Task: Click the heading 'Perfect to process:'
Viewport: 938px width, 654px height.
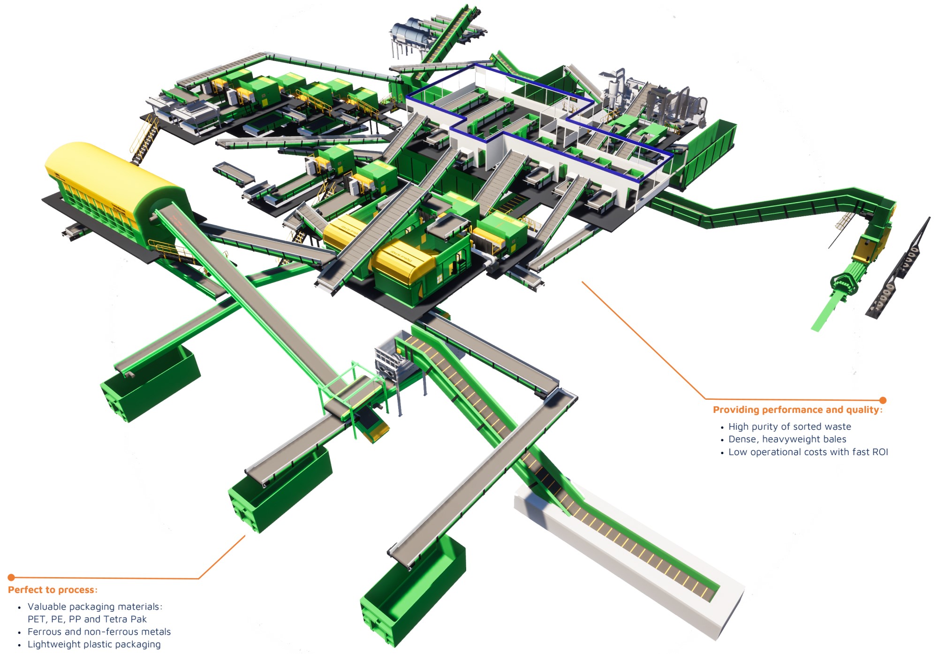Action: pos(53,590)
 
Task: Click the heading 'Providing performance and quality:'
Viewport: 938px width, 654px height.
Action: pos(798,410)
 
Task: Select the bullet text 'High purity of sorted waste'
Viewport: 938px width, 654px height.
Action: pos(790,426)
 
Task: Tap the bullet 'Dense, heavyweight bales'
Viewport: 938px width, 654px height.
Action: pos(787,439)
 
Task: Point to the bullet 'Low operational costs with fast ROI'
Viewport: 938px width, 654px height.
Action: pos(808,452)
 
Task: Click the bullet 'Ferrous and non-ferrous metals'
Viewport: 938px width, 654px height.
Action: pos(99,631)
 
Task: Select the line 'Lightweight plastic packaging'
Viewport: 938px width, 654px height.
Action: pos(94,644)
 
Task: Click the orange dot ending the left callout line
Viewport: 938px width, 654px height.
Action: pos(11,577)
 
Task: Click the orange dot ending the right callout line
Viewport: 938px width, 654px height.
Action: pos(883,400)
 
